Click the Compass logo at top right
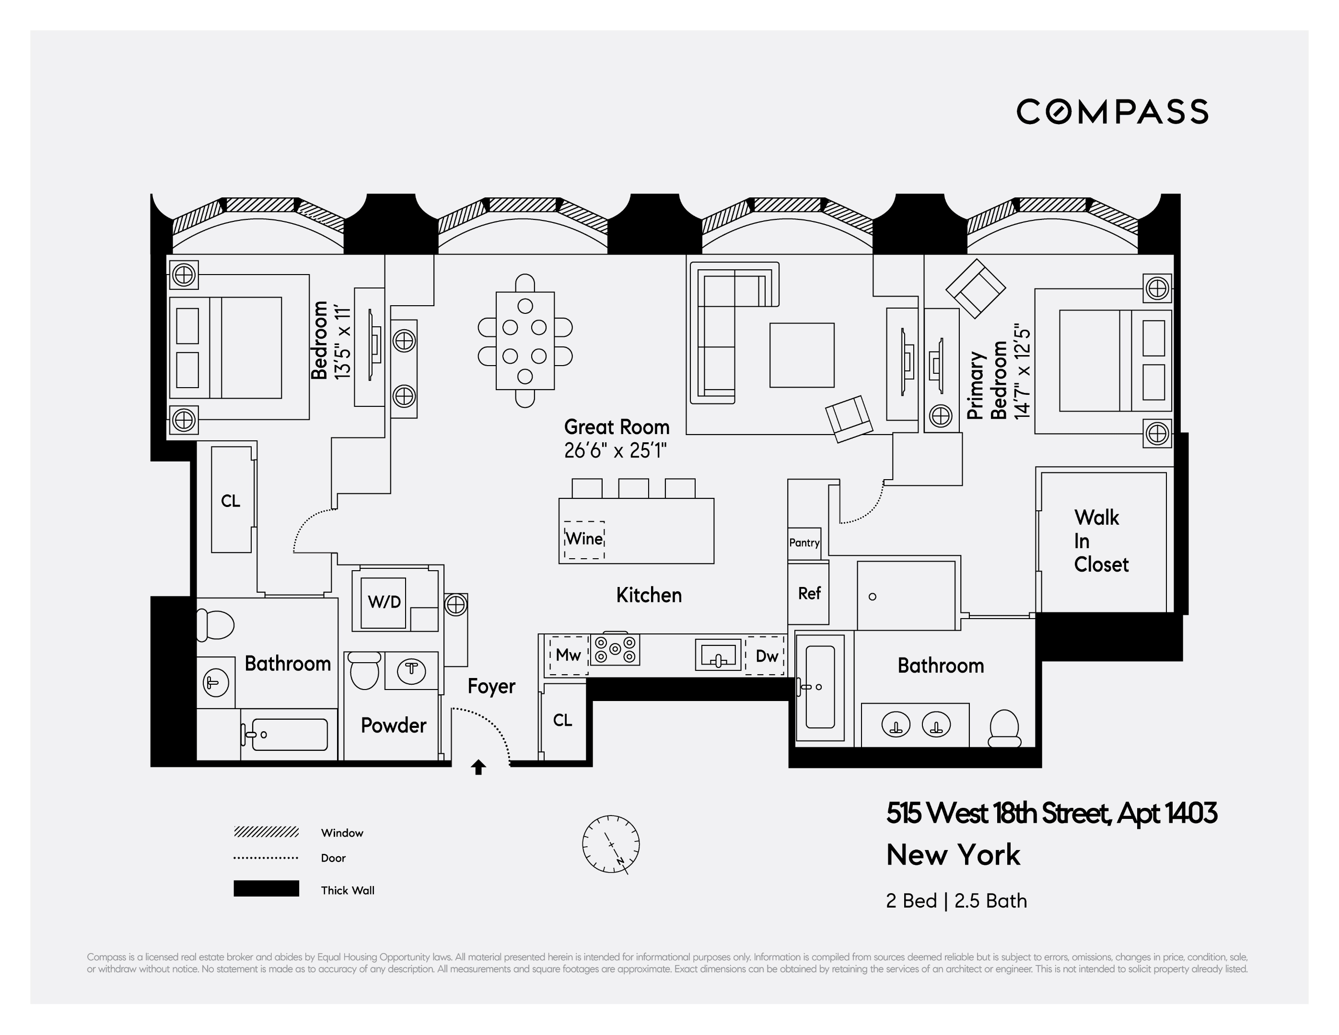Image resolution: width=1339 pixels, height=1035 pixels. pos(1112,112)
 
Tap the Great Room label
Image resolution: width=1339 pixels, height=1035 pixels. pos(616,427)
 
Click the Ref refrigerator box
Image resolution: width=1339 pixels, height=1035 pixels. pos(809,593)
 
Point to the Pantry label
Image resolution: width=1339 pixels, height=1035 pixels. pos(804,542)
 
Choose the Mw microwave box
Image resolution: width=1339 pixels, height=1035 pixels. pos(568,655)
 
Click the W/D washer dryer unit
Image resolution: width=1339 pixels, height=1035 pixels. pos(384,602)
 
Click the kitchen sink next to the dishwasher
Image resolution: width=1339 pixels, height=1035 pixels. pos(718,655)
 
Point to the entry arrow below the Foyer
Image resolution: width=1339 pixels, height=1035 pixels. pos(478,767)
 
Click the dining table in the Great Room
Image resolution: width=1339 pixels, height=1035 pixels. pos(525,341)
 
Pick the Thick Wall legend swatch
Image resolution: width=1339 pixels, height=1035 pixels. pos(266,888)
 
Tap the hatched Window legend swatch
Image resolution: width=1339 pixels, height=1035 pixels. pos(266,831)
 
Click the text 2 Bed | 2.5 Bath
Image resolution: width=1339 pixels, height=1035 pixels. pos(956,901)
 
